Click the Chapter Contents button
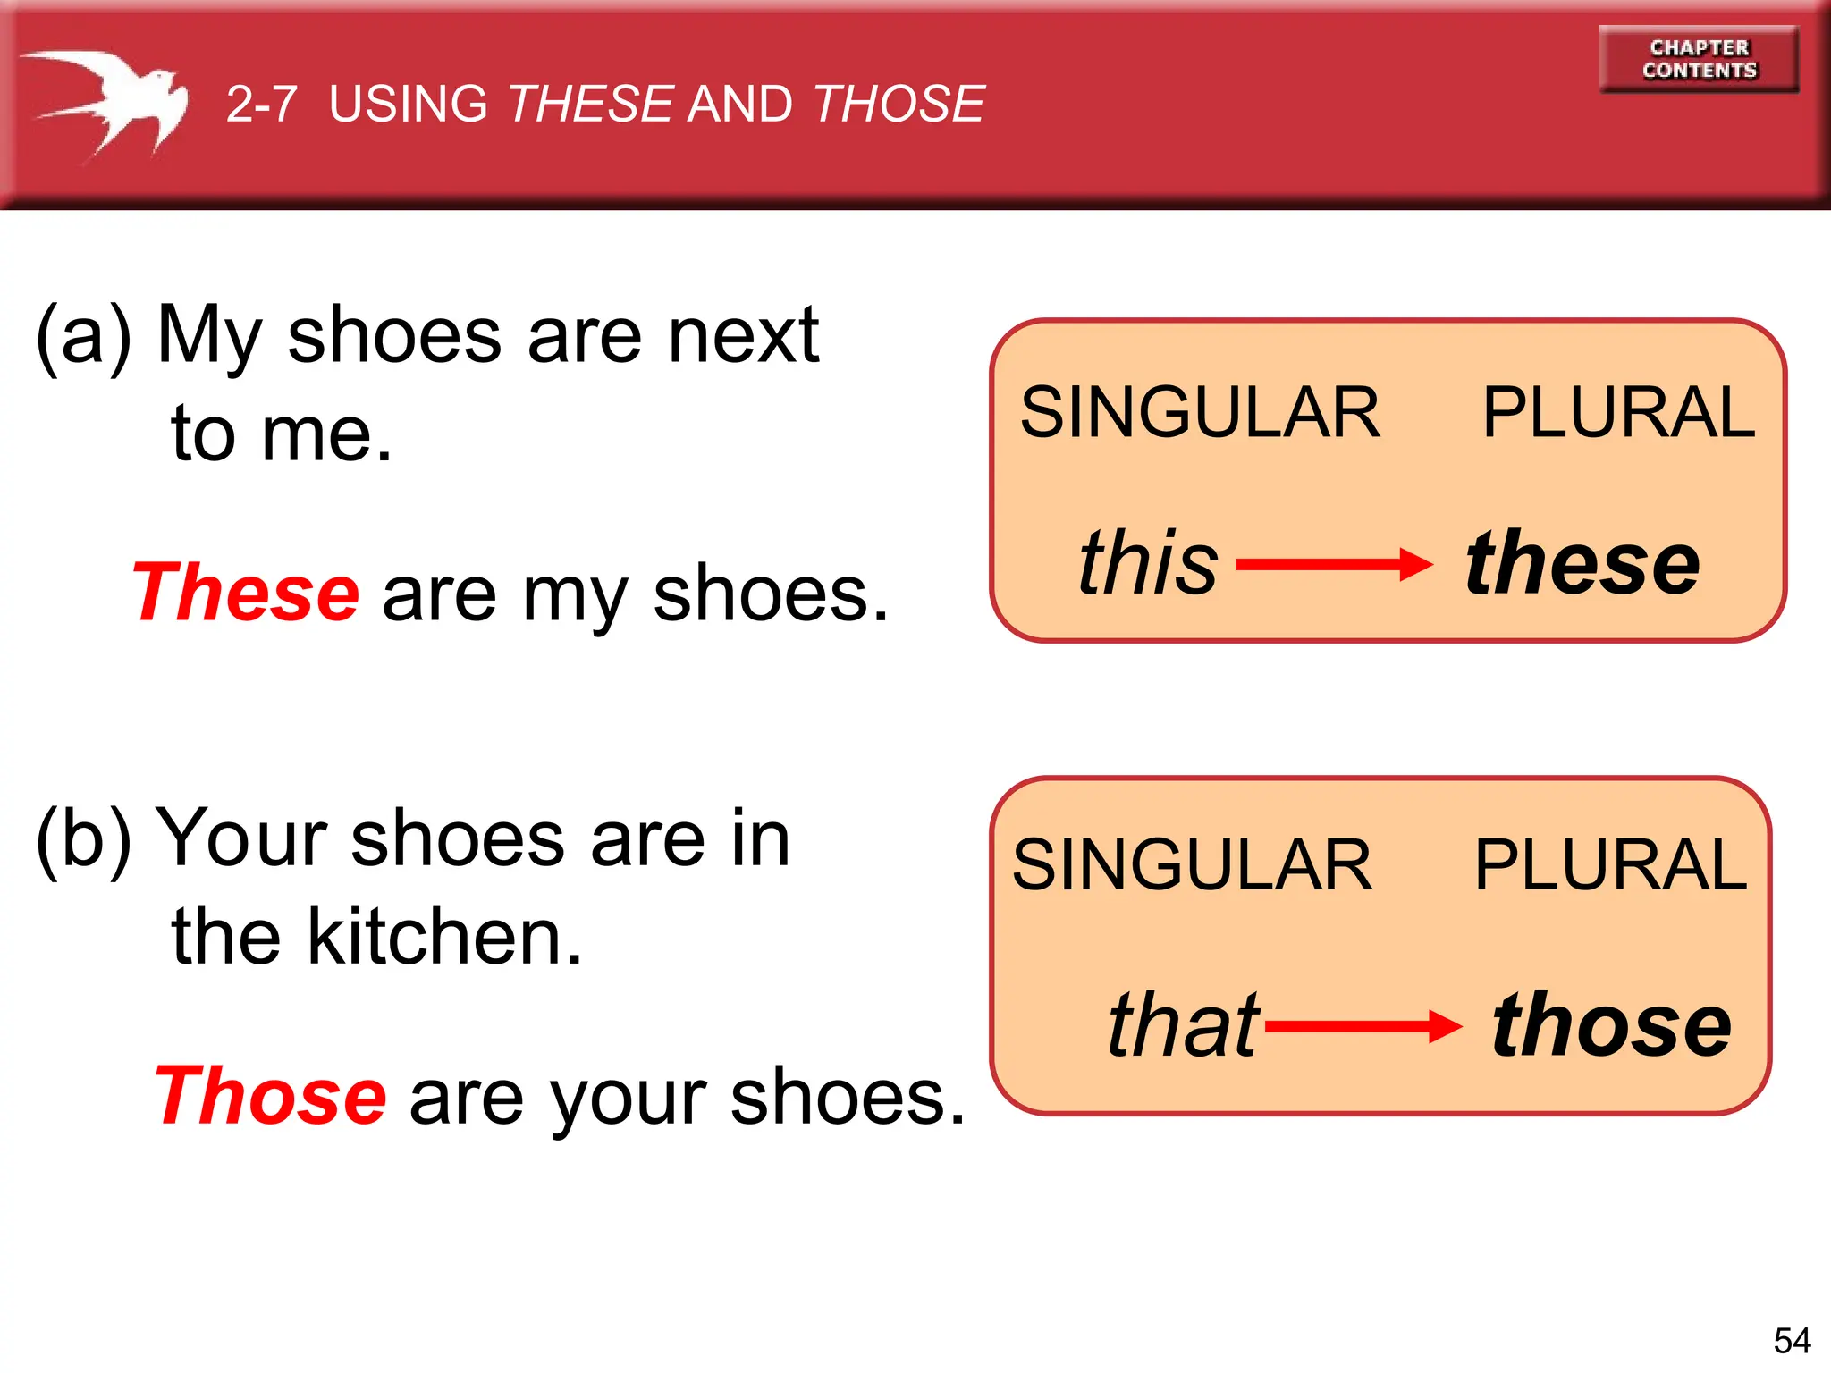[x=1699, y=59]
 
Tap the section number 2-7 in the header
[x=261, y=104]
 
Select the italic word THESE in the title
[x=590, y=104]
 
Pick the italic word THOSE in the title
[x=899, y=104]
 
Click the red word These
[x=246, y=593]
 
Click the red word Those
[x=271, y=1096]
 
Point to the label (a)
[x=83, y=335]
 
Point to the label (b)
[x=83, y=838]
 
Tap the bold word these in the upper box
[x=1582, y=563]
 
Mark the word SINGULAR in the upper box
[x=1201, y=413]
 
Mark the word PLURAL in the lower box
[x=1610, y=864]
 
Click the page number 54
[x=1792, y=1341]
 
